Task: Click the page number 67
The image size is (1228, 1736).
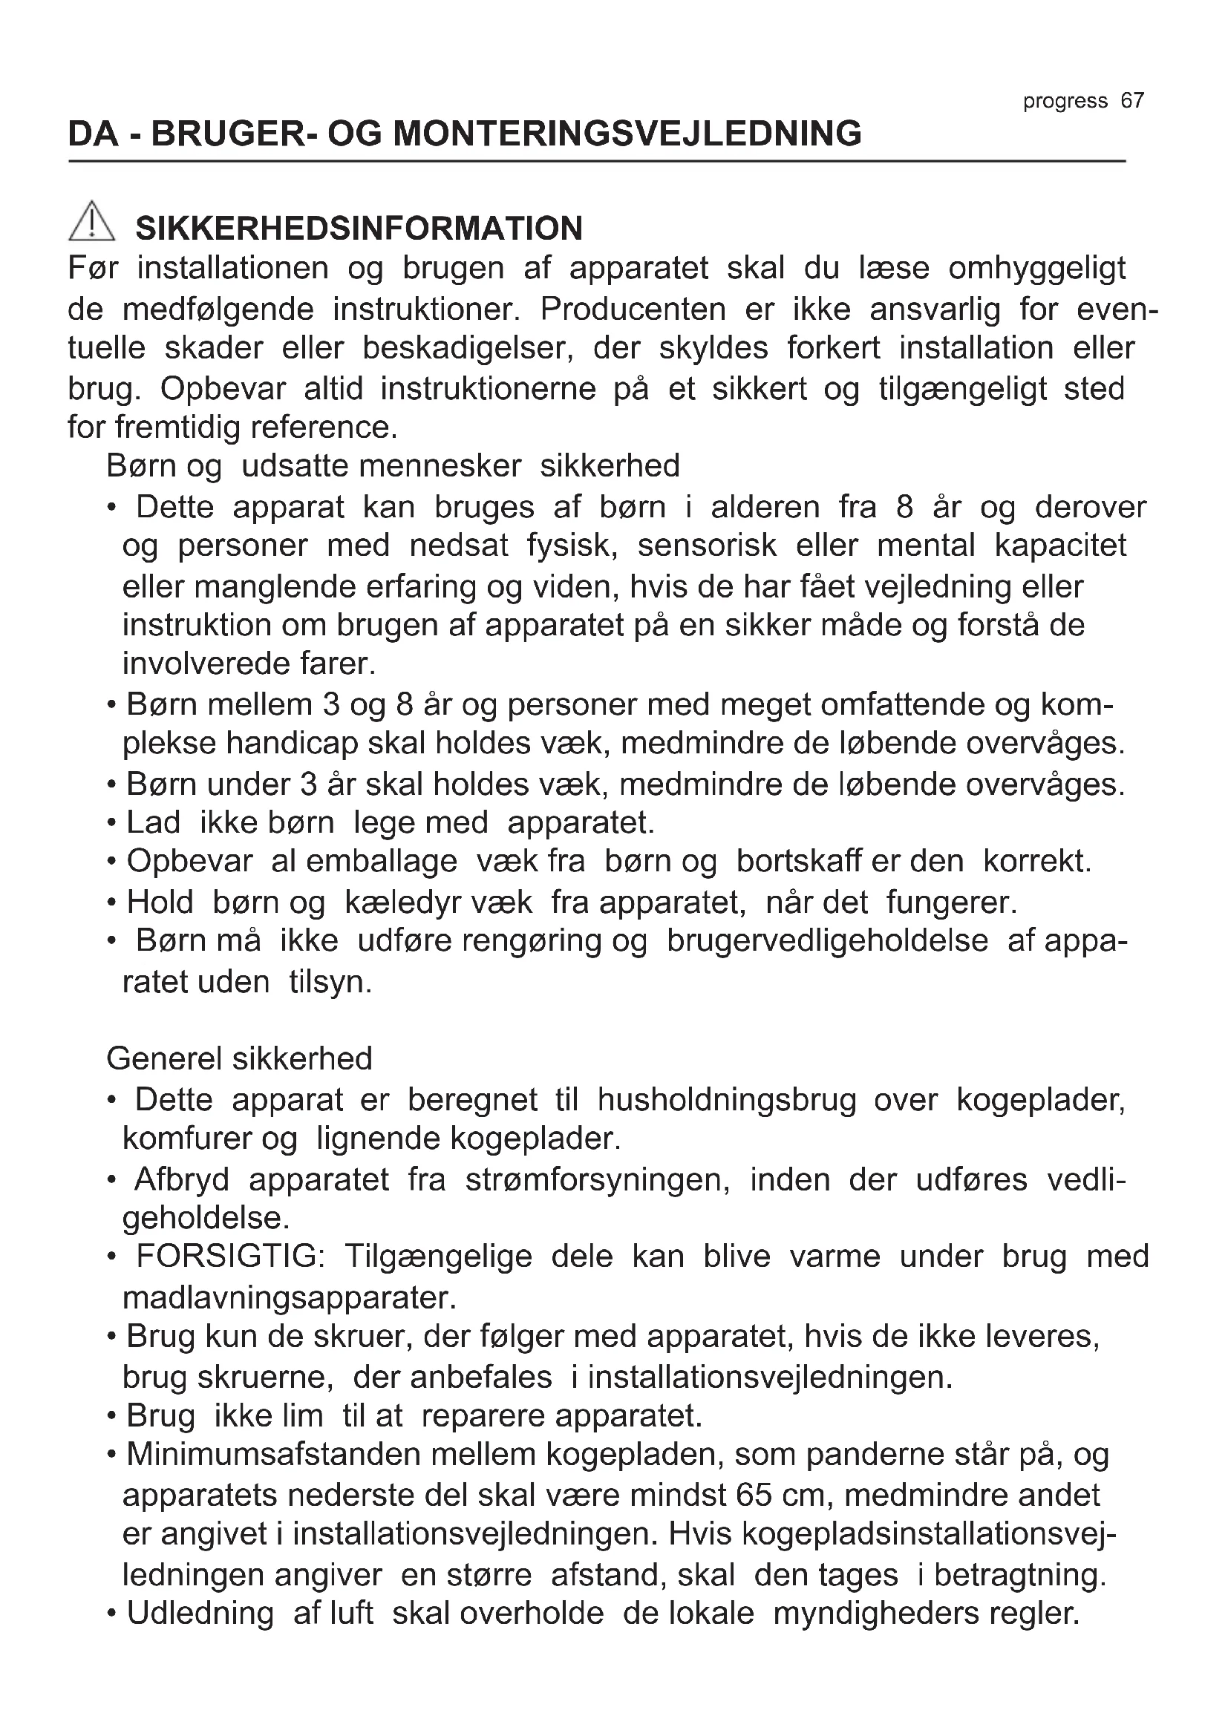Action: pos(1132,100)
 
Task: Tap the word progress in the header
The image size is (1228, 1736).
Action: pos(1065,102)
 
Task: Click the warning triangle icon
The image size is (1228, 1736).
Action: pos(91,221)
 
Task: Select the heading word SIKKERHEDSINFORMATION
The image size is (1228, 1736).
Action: pos(359,229)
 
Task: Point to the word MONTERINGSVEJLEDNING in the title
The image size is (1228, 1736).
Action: pos(627,134)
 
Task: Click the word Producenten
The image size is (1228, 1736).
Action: pos(633,309)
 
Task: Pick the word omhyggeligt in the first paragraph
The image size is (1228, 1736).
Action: pos(1036,269)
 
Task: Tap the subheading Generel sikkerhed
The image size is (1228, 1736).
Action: pos(239,1058)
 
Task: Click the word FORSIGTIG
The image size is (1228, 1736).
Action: pos(230,1257)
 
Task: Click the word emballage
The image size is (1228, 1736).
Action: pos(381,861)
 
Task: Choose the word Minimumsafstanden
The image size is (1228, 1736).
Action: pos(275,1455)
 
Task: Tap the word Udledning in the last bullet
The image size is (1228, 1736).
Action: pos(200,1614)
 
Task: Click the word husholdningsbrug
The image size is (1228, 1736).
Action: pos(727,1100)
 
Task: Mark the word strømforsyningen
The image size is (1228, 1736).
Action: pos(597,1179)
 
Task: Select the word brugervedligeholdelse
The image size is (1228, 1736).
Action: pos(827,940)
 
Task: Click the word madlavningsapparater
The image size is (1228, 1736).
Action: pos(290,1297)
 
